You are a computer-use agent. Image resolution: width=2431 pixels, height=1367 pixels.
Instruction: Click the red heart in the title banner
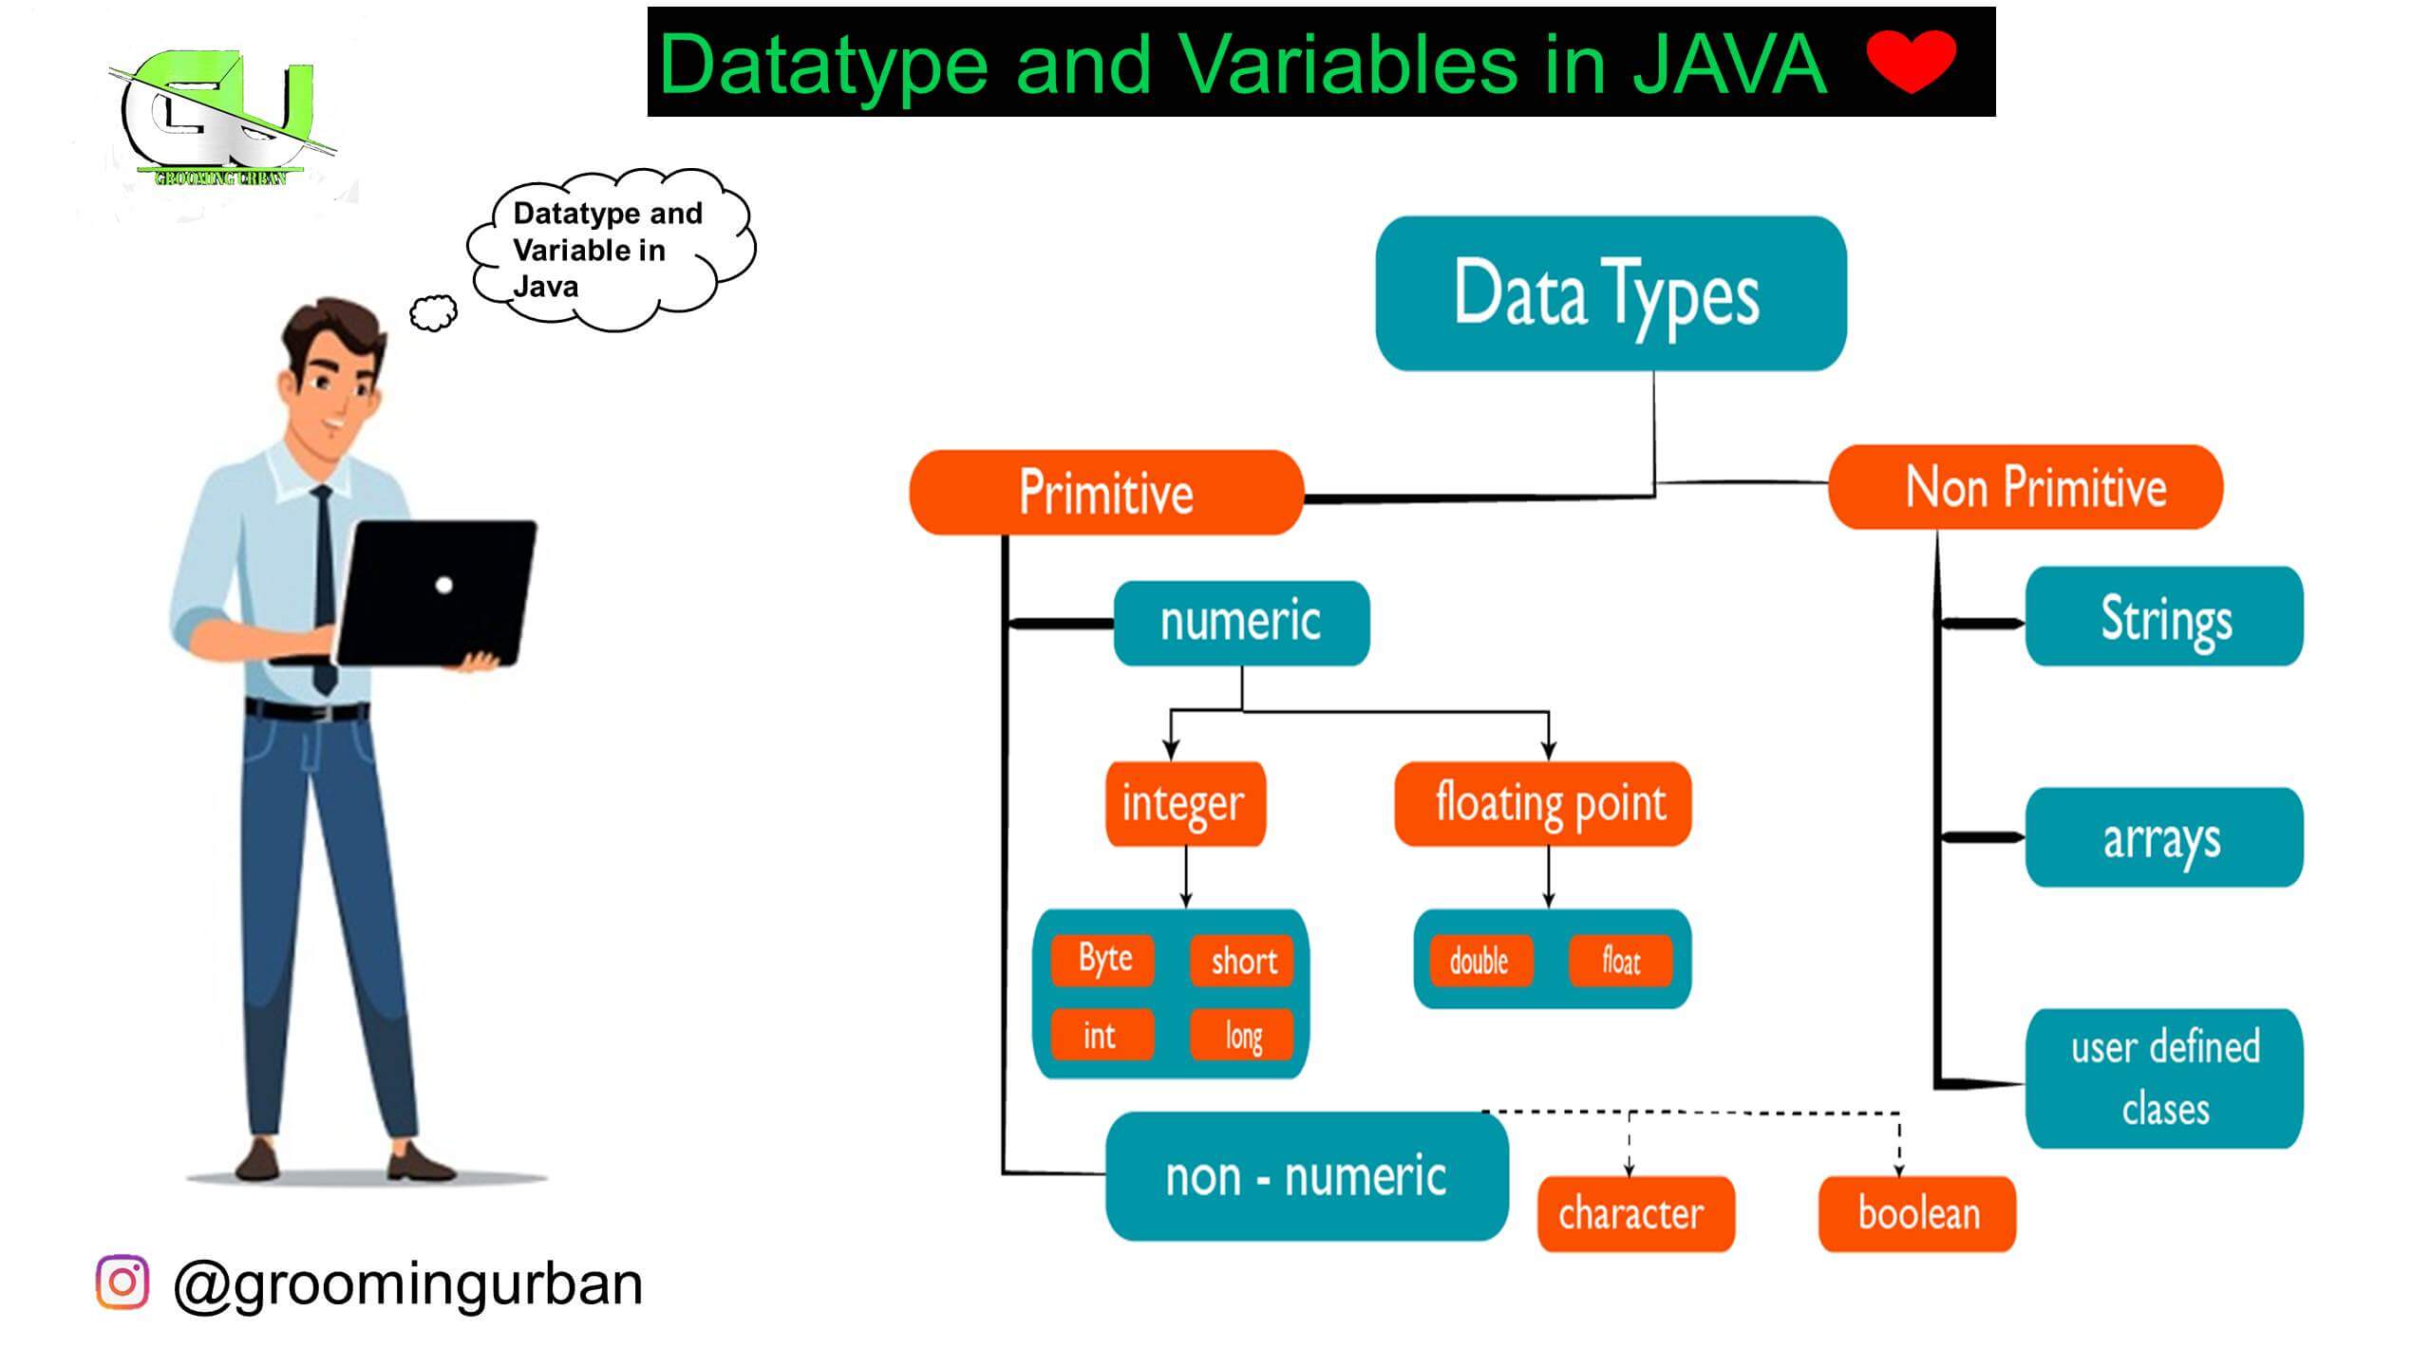point(1911,61)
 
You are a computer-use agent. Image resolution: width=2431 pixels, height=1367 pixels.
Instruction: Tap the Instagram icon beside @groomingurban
point(122,1282)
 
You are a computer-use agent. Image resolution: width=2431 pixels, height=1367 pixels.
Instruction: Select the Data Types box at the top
point(1611,293)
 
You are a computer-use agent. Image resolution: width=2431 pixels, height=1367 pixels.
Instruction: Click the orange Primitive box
point(1106,493)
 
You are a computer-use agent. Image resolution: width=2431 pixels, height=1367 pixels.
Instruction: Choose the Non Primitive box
point(2026,487)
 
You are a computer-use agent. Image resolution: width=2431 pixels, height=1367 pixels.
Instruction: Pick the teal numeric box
point(1241,623)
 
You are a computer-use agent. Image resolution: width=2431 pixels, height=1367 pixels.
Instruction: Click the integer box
point(1185,803)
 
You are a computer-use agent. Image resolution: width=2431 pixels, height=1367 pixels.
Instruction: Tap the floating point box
point(1543,803)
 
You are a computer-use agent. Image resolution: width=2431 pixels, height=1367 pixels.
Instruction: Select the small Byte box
point(1103,959)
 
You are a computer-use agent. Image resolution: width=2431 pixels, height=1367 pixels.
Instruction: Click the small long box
point(1243,1035)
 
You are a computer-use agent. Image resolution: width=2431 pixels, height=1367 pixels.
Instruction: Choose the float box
point(1620,962)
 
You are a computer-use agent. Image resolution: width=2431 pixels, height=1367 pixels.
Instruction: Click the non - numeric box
point(1307,1176)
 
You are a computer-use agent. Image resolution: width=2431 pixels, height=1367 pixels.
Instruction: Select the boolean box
point(1916,1213)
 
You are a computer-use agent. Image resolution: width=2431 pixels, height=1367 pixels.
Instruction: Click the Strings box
point(2164,617)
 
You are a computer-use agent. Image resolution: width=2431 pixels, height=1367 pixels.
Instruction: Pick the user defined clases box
point(2164,1078)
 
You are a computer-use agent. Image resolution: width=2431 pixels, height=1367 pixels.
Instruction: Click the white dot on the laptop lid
point(443,585)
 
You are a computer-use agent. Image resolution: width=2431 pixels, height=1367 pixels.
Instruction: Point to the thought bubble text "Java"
point(545,286)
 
